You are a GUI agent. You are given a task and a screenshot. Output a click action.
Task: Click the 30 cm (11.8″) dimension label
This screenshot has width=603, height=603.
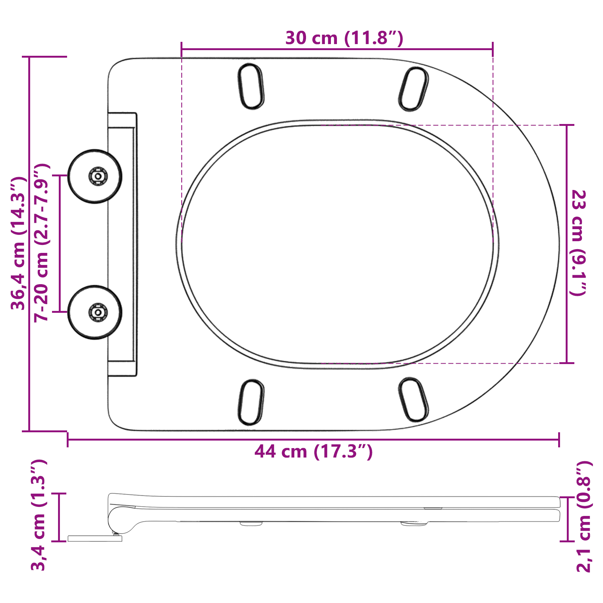pos(344,38)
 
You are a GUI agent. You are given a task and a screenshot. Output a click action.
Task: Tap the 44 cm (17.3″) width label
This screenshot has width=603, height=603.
pos(314,451)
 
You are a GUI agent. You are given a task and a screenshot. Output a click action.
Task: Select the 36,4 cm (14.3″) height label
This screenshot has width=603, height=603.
pos(18,243)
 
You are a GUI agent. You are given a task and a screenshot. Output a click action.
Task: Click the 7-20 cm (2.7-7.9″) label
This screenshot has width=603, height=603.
pos(41,243)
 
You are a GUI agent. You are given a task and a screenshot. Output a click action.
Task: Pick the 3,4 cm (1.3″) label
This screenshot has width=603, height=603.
pos(38,515)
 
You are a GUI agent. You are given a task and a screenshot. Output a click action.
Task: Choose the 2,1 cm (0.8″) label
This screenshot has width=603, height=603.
pos(584,516)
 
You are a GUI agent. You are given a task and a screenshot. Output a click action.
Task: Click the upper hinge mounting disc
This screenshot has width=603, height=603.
pos(95,176)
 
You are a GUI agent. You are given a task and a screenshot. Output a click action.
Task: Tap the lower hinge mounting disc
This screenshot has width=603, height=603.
pos(95,312)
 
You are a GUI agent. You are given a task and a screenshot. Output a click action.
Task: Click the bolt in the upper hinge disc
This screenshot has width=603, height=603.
pos(98,176)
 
